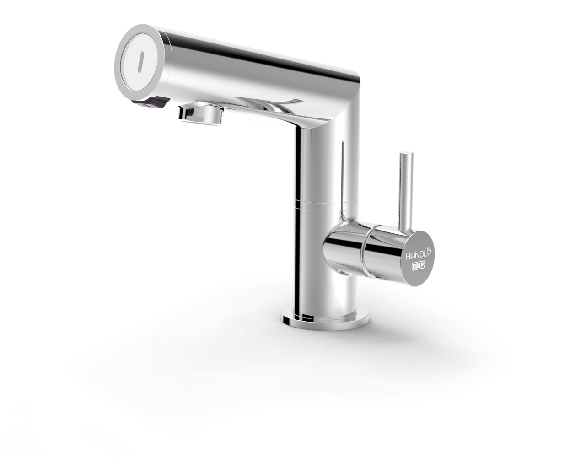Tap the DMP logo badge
coord(418,266)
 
